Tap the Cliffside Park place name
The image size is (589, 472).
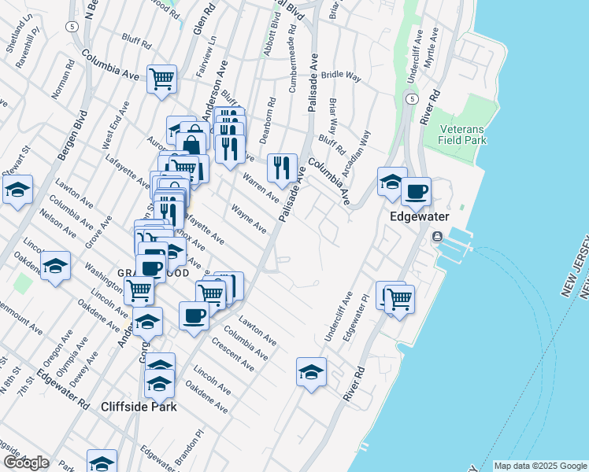[139, 407]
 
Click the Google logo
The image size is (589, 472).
[25, 463]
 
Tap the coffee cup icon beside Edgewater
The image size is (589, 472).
[416, 191]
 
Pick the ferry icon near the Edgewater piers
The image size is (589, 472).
[436, 237]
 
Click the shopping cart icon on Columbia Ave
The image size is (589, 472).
[161, 79]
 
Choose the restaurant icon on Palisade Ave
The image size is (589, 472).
[282, 167]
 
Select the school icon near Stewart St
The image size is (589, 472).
[17, 190]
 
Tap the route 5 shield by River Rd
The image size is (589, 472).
[411, 99]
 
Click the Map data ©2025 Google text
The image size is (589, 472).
[540, 466]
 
